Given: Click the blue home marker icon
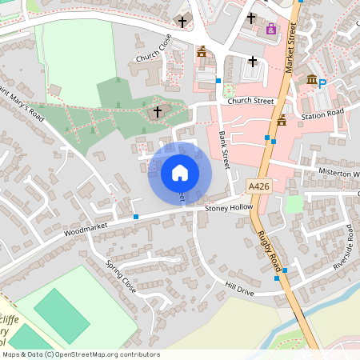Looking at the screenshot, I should tap(179, 173).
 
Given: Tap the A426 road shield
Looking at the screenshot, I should tap(258, 186).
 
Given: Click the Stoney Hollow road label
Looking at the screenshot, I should tap(228, 208).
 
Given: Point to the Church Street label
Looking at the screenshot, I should tap(250, 102).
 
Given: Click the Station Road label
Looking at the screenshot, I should tap(322, 114).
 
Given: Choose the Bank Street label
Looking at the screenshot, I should tap(225, 147).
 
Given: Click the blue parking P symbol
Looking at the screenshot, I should tap(322, 83).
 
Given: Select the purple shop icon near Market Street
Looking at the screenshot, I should tap(270, 29).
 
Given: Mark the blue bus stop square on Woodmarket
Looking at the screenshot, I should tap(136, 216).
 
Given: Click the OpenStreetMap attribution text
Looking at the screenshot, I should tap(80, 354).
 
